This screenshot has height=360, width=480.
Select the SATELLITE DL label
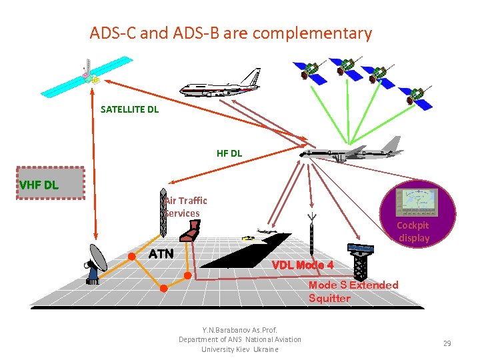(x=129, y=109)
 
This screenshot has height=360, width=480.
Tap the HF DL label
(x=229, y=153)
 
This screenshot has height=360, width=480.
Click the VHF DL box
(x=51, y=183)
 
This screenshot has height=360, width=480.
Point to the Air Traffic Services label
(x=185, y=207)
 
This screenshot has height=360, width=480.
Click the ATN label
(x=161, y=254)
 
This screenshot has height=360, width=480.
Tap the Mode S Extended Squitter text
(x=353, y=291)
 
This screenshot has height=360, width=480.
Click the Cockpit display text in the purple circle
(x=413, y=231)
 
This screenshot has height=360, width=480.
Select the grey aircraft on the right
(x=353, y=151)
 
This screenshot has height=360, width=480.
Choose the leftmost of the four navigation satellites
(x=312, y=71)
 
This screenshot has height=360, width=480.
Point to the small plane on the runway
(x=265, y=231)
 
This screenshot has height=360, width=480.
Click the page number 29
(x=447, y=343)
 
